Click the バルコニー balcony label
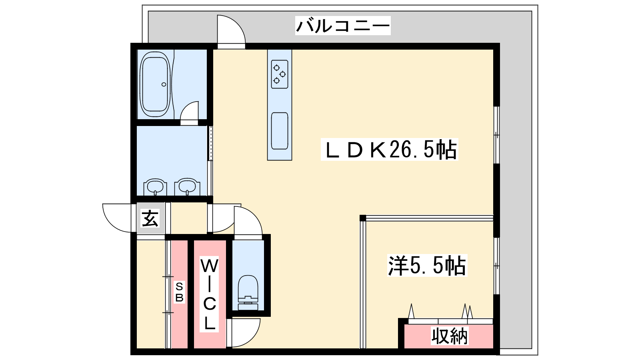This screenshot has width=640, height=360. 342,26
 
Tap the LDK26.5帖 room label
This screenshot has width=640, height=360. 390,150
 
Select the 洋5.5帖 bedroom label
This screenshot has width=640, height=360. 427,266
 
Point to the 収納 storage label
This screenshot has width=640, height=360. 450,336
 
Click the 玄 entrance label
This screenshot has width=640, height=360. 150,218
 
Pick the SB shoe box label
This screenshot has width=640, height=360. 179,292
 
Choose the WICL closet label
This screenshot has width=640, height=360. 210,294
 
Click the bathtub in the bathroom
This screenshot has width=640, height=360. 155,84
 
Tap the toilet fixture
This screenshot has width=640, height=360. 248,292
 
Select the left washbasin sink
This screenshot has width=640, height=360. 155,187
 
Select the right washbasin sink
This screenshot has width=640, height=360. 187,187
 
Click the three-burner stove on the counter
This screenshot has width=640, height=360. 280,74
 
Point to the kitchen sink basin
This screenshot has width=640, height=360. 280,131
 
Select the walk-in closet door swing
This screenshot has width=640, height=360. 252,337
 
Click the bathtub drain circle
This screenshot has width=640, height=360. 164,84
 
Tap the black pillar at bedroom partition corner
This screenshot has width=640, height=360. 362,218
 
